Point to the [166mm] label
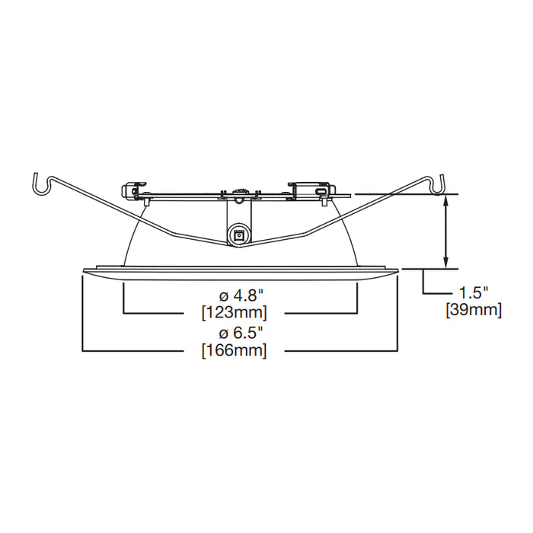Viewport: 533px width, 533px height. [234, 351]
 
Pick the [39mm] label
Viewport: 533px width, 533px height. [474, 310]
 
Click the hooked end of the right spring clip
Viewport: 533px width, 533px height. [439, 183]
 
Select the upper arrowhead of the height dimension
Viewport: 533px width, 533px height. [447, 199]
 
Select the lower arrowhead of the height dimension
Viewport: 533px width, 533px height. [447, 263]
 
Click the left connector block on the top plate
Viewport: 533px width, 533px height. [135, 187]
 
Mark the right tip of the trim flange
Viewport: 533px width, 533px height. [397, 269]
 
